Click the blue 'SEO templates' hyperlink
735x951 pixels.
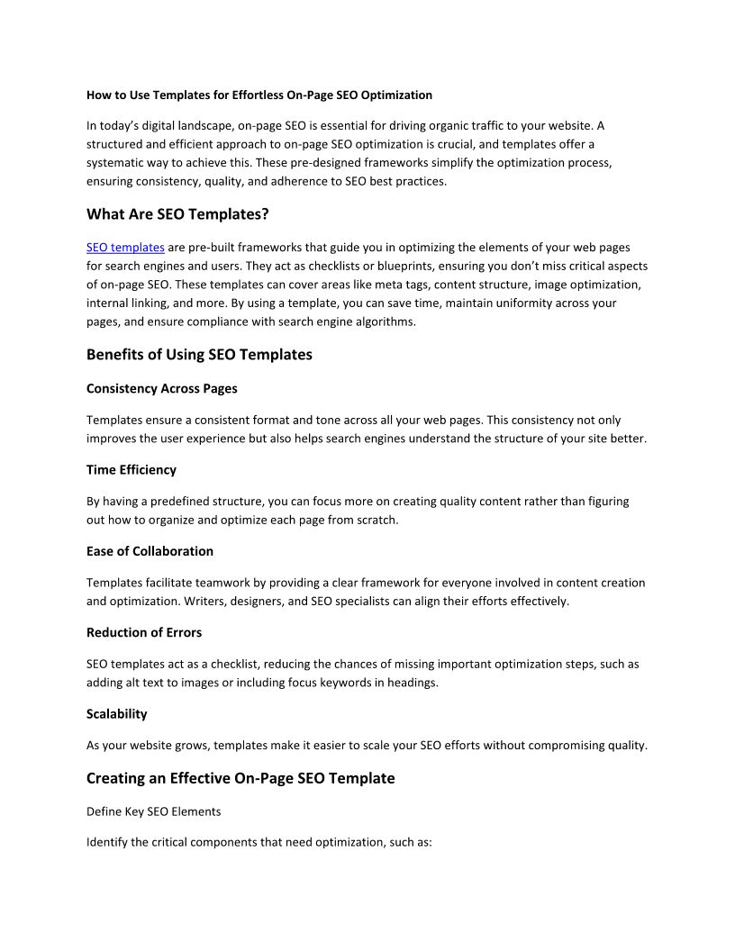point(125,247)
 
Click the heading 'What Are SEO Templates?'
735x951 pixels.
point(177,214)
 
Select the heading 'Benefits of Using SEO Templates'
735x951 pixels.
point(199,355)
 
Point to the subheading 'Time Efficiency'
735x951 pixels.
point(132,470)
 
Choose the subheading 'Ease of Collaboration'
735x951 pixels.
point(150,551)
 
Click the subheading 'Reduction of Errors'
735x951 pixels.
point(144,632)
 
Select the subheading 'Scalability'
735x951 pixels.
point(117,714)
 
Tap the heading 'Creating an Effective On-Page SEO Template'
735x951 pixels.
point(240,778)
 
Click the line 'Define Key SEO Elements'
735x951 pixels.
point(153,811)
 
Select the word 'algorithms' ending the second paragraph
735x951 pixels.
point(386,322)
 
